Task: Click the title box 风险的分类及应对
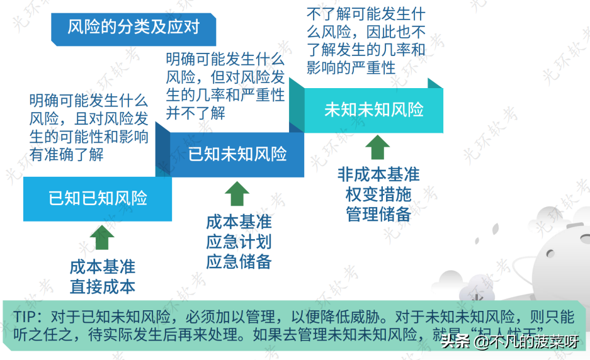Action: click(x=133, y=27)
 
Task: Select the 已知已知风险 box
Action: click(x=98, y=199)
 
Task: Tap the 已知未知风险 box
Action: click(x=237, y=154)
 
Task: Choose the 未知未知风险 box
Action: click(x=374, y=110)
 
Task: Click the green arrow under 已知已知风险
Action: click(x=102, y=239)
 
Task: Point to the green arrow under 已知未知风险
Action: click(x=237, y=194)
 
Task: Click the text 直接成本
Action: click(x=102, y=287)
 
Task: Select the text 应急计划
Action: click(x=239, y=242)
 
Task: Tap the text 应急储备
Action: click(x=239, y=262)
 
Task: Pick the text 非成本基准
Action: click(x=378, y=174)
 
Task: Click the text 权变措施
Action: click(x=378, y=194)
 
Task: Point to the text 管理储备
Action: click(x=378, y=214)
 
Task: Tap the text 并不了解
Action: click(x=195, y=113)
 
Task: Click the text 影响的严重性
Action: click(x=351, y=67)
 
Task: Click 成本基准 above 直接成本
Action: click(x=102, y=267)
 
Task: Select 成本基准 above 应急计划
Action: click(x=239, y=222)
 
